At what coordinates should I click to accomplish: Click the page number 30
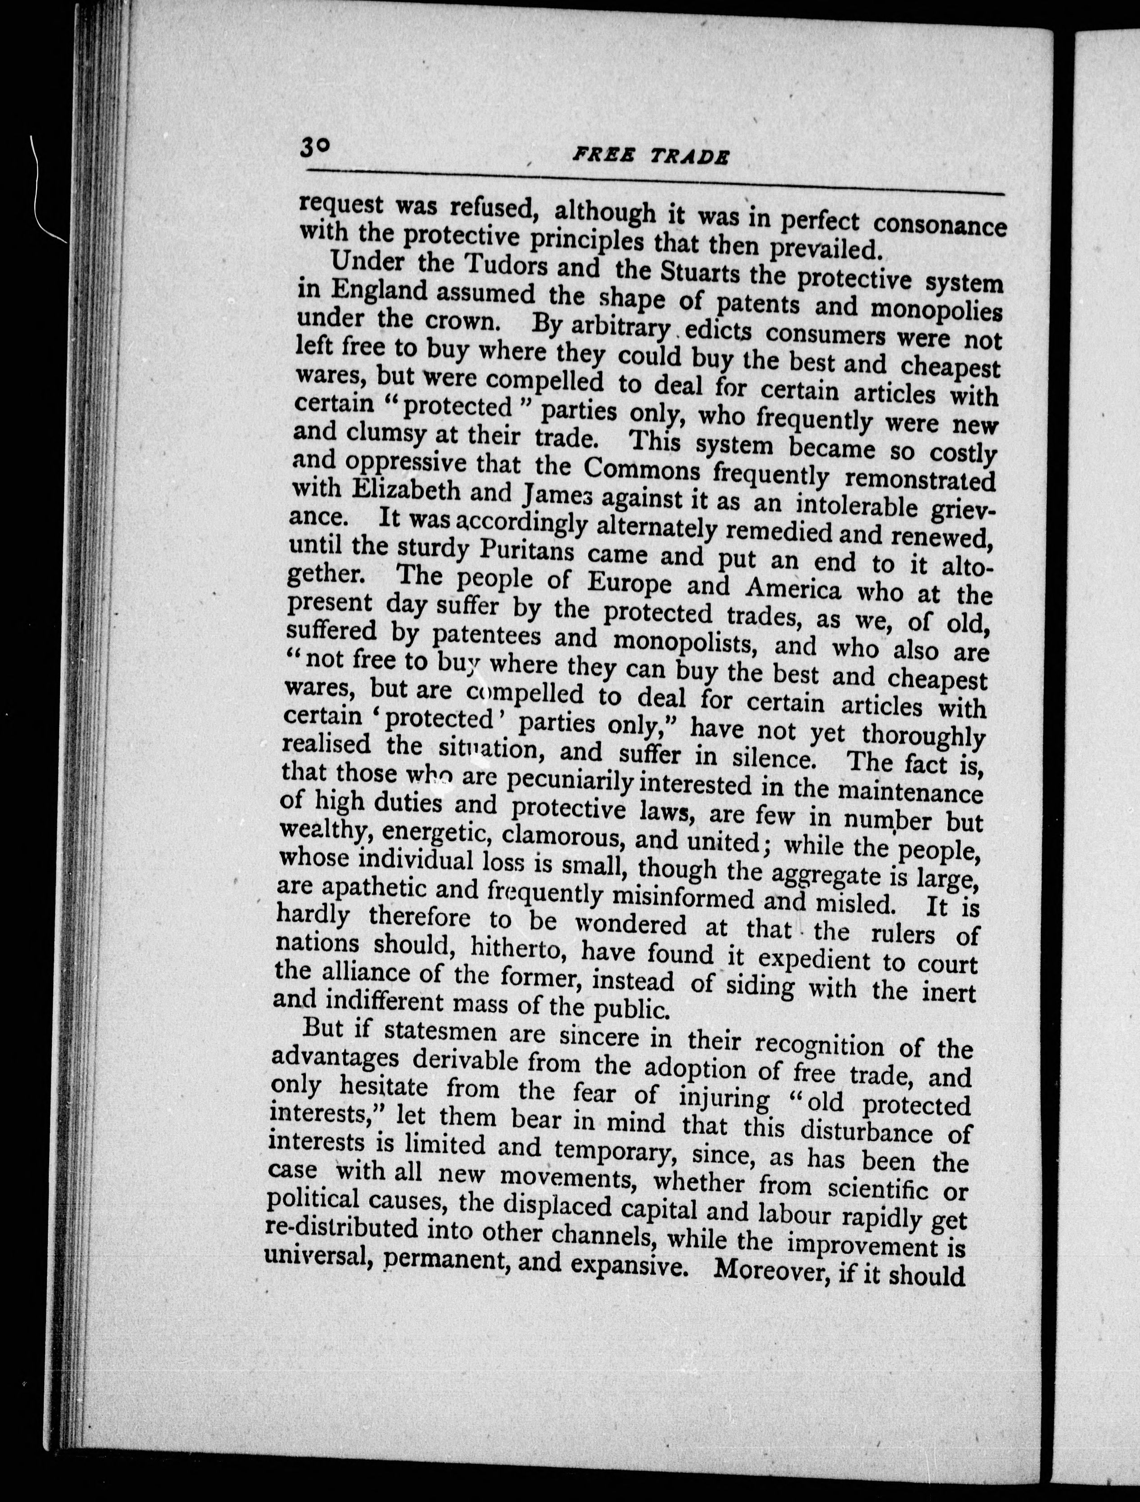coord(314,147)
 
